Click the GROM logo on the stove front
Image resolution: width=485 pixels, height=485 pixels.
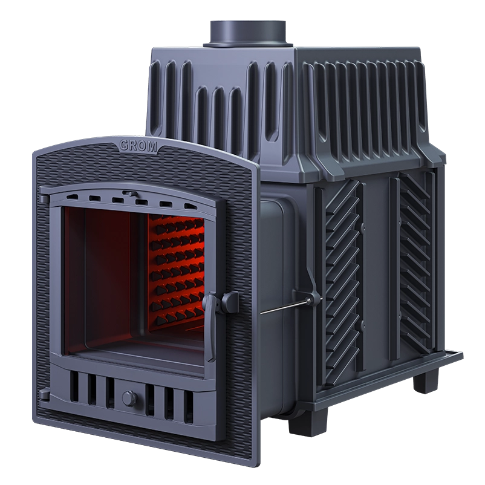pyautogui.click(x=138, y=146)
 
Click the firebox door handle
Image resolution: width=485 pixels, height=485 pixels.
pyautogui.click(x=211, y=327)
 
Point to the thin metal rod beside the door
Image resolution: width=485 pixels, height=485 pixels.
pyautogui.click(x=285, y=306)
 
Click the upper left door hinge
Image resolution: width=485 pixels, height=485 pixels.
pyautogui.click(x=44, y=198)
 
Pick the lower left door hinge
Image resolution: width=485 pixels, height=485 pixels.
pyautogui.click(x=44, y=394)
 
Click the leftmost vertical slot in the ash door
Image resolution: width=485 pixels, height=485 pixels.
pyautogui.click(x=74, y=386)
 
